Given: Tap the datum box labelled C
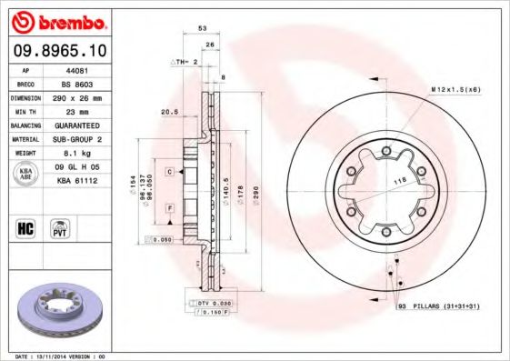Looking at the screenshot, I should (x=169, y=171).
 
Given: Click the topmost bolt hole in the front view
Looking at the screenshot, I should (x=387, y=151).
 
